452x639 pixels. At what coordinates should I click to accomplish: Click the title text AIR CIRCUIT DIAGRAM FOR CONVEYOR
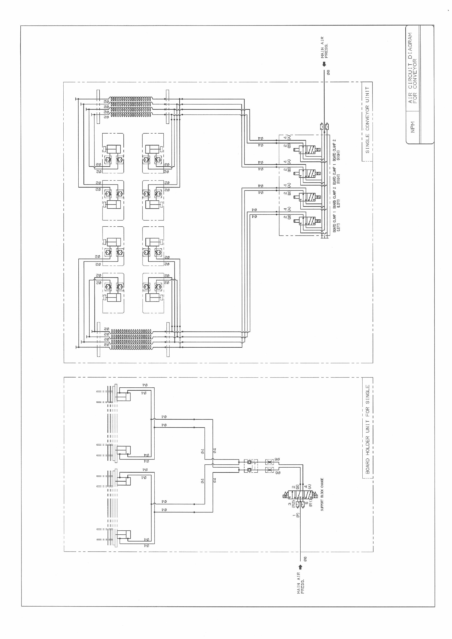pos(413,68)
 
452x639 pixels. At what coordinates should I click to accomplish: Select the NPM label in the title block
pos(413,127)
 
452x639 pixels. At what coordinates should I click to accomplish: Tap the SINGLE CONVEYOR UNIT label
pos(367,120)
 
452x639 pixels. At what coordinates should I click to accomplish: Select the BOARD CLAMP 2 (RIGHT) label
pos(336,150)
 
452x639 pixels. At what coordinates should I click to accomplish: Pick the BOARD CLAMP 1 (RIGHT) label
pos(336,174)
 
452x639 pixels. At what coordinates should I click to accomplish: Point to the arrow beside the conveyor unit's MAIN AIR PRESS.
pos(324,64)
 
